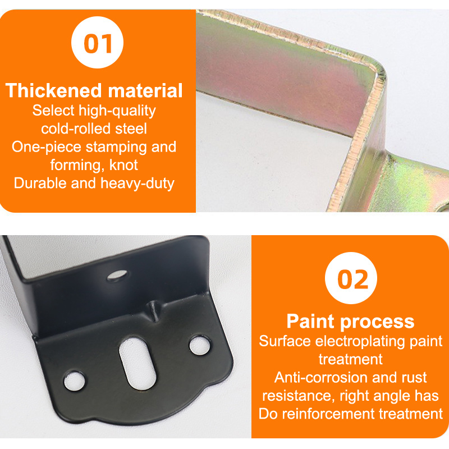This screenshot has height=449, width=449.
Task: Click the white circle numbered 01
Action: click(x=97, y=43)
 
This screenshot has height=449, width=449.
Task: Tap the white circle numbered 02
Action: click(x=351, y=278)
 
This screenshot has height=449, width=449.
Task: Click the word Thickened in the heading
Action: click(x=54, y=90)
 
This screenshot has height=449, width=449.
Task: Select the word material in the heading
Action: click(x=145, y=90)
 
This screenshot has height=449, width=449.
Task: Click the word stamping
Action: click(x=116, y=147)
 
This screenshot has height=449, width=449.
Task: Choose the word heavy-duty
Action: click(x=137, y=184)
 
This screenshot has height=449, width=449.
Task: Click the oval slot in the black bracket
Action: click(x=138, y=363)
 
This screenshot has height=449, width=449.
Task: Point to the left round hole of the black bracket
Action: click(x=75, y=382)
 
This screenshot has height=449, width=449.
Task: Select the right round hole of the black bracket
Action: click(x=200, y=345)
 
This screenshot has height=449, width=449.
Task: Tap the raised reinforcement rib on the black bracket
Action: click(x=153, y=310)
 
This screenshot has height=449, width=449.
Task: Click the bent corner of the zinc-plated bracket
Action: click(x=377, y=75)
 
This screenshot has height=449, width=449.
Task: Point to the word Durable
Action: click(x=40, y=183)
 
